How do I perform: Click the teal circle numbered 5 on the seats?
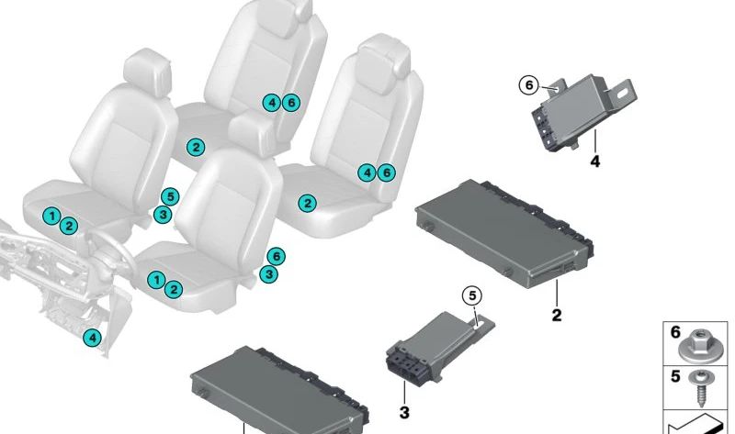(x=168, y=195)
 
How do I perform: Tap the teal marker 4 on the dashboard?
(x=92, y=339)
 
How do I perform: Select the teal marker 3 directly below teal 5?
(x=161, y=215)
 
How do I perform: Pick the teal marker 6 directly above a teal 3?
(x=274, y=256)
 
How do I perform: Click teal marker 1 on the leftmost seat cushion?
(x=53, y=217)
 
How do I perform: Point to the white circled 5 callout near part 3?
(x=470, y=295)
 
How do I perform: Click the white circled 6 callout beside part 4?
(x=527, y=86)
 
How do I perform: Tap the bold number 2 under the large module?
(x=556, y=316)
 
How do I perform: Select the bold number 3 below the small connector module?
(x=404, y=414)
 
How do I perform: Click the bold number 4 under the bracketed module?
(x=594, y=162)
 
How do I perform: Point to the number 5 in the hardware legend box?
(x=675, y=376)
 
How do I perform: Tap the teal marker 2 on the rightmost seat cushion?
(x=307, y=204)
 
